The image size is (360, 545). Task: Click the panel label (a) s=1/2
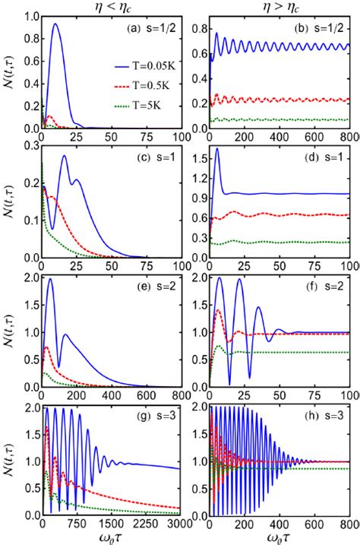(x=150, y=28)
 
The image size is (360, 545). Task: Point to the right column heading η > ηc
(x=279, y=7)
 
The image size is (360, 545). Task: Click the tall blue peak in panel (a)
(x=55, y=24)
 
